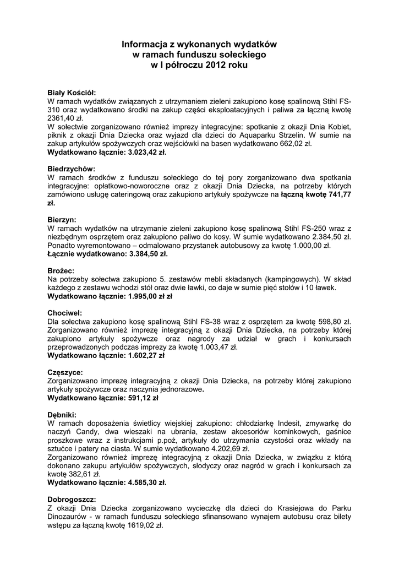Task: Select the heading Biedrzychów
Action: tap(72, 168)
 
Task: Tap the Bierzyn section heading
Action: tap(62, 219)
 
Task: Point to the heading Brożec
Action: tap(61, 270)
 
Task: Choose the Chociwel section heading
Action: tap(64, 313)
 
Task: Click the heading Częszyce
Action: tap(65, 372)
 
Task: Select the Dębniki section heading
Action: tap(62, 415)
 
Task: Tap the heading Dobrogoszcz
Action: tap(72, 500)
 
